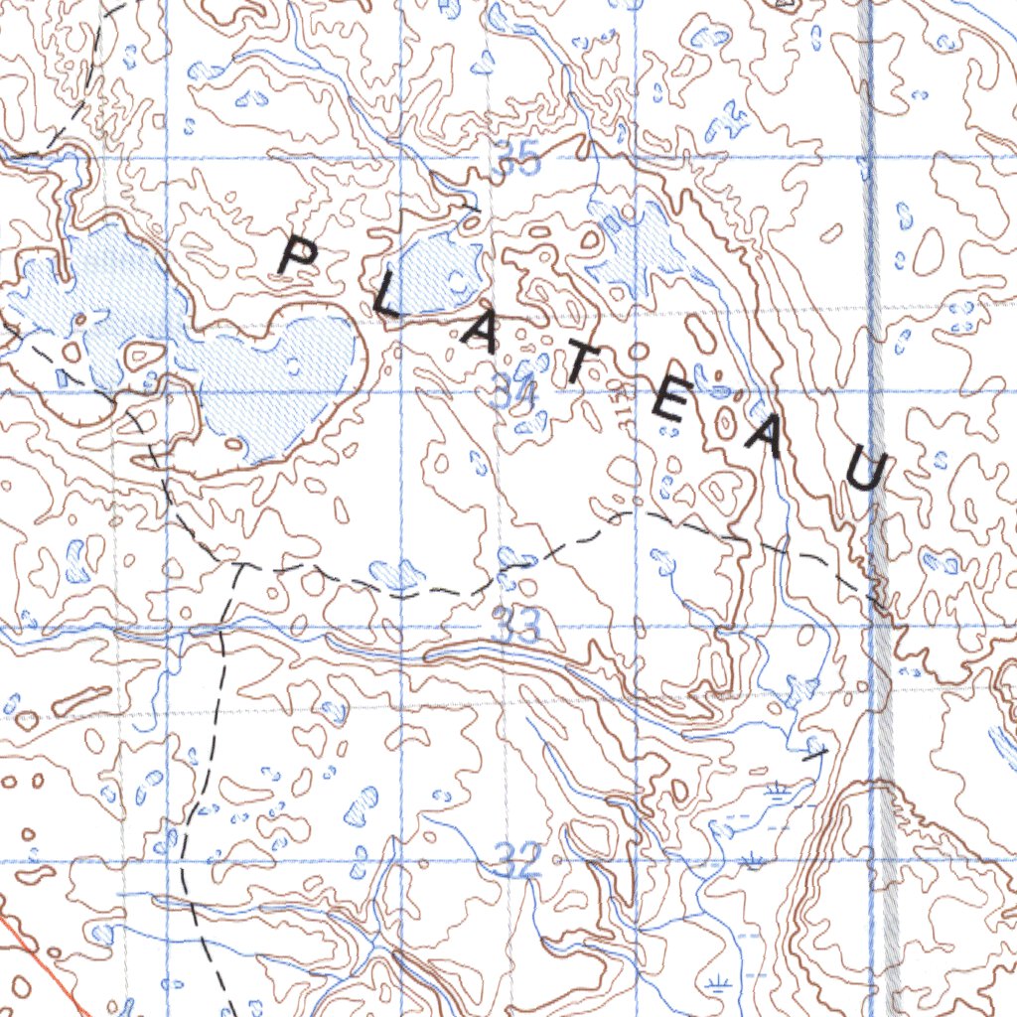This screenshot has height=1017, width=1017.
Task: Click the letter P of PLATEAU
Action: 297,256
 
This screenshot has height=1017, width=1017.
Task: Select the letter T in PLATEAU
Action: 581,368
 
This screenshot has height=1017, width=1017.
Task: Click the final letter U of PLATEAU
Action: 863,470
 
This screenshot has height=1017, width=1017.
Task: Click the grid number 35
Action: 517,160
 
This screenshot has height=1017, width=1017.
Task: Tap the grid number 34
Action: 514,395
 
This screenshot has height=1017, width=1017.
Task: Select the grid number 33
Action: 515,627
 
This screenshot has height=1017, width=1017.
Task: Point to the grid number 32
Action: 517,860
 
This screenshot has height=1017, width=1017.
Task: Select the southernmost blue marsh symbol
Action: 714,984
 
